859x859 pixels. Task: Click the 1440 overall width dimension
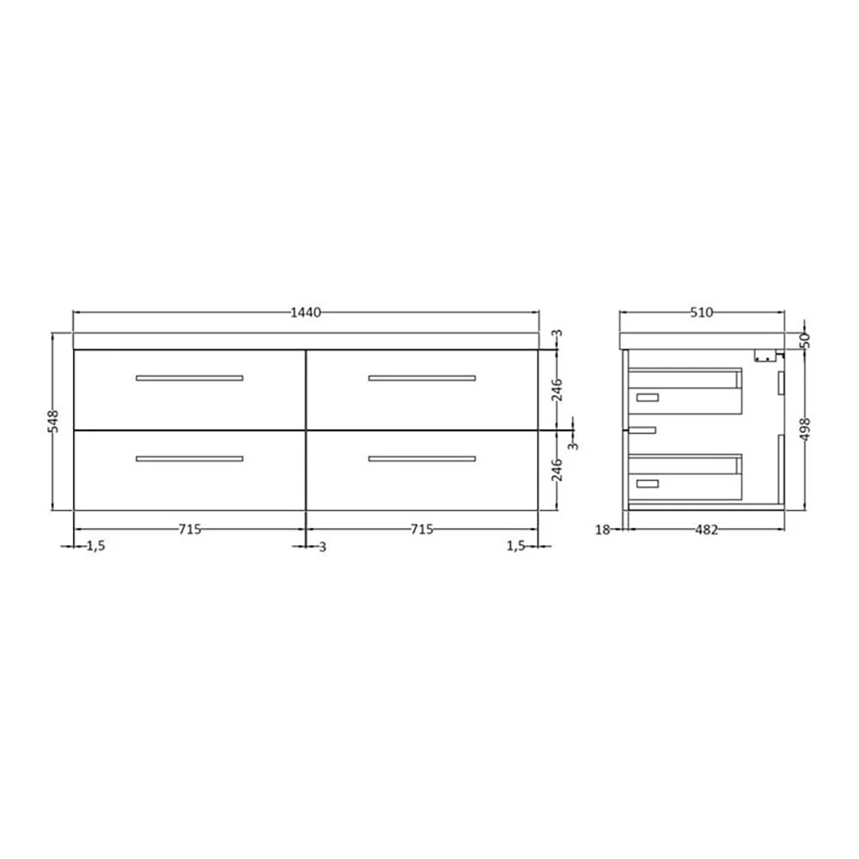click(x=305, y=313)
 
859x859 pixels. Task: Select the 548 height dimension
click(x=53, y=421)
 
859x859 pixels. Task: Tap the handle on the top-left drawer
click(x=190, y=378)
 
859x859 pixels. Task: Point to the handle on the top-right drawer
click(x=422, y=378)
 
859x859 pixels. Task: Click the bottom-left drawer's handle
click(x=190, y=459)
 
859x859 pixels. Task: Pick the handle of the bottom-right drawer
click(x=422, y=459)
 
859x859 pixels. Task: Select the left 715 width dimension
click(x=190, y=529)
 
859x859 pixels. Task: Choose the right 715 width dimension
click(x=422, y=529)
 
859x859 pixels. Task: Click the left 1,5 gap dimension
click(x=94, y=546)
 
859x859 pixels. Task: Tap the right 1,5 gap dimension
click(x=515, y=546)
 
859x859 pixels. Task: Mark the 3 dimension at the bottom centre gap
click(x=322, y=546)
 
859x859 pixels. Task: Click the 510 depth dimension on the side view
click(x=702, y=313)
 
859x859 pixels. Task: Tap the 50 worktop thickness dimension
click(x=805, y=339)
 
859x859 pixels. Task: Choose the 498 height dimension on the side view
click(x=805, y=428)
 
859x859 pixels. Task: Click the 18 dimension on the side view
click(x=602, y=530)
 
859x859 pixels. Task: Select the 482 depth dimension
click(x=705, y=530)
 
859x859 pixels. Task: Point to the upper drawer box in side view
click(x=685, y=391)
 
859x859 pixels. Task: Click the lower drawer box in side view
click(x=685, y=478)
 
